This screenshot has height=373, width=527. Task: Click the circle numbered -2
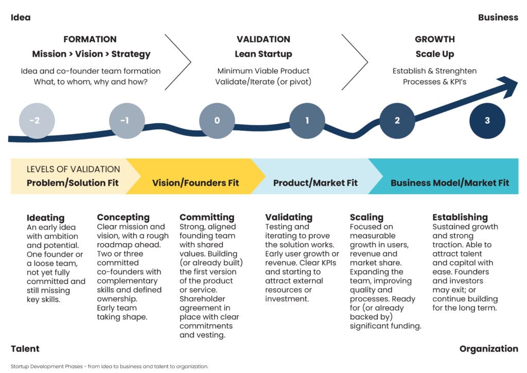37,121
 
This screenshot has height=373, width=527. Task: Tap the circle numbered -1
127,121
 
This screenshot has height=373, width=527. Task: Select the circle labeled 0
217,121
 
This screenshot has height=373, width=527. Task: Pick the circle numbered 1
307,121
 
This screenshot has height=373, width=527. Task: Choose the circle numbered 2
397,121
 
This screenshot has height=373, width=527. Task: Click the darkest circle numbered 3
487,121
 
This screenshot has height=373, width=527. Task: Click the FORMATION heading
90,39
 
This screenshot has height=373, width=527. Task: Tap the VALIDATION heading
263,39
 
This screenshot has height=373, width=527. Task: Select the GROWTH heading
435,39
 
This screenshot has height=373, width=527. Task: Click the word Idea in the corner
21,18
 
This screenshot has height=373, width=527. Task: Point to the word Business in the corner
498,18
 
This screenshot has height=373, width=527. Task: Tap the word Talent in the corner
25,349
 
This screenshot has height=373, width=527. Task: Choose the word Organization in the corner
488,349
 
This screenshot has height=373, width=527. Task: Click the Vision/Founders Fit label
196,183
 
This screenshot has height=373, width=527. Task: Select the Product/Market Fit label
315,183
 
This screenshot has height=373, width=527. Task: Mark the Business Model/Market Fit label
449,183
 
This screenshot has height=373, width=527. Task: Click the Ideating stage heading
46,217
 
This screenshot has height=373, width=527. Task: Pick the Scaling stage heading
366,217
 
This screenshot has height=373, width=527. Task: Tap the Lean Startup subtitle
263,54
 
